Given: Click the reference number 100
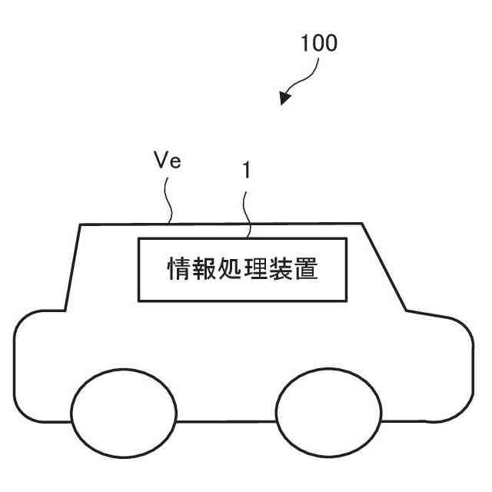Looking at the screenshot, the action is (319, 44).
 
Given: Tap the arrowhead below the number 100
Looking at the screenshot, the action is (286, 98).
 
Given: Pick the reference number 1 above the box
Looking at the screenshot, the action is (246, 172).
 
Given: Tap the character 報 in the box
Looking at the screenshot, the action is (204, 270).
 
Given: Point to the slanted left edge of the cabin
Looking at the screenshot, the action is (73, 266).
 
